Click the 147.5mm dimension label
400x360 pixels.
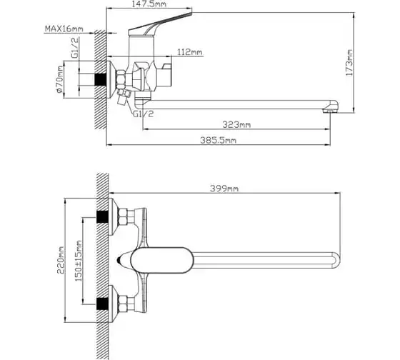coord(149,4)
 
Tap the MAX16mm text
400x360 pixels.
coord(64,29)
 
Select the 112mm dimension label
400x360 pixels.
coord(190,52)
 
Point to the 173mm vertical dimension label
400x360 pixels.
coord(349,63)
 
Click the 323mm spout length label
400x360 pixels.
coord(236,125)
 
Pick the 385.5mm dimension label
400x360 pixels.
coord(218,140)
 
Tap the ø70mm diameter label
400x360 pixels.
coord(60,79)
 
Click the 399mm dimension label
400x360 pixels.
coord(224,189)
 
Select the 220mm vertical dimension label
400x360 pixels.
coord(61,260)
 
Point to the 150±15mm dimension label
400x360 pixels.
coord(79,261)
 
